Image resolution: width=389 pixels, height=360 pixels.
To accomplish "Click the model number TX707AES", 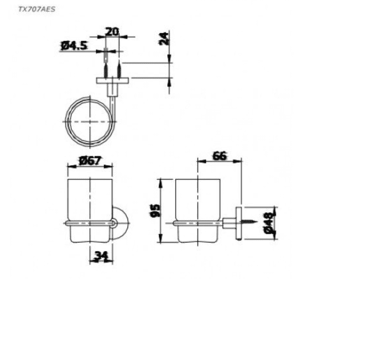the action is [x=37, y=9].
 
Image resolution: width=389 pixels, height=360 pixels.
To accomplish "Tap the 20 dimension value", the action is [x=112, y=32].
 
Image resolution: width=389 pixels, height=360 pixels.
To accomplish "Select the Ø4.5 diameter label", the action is [x=74, y=46].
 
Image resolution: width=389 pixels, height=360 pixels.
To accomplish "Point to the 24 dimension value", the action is [x=164, y=38].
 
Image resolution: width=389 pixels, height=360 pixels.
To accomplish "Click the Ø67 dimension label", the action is [x=90, y=161].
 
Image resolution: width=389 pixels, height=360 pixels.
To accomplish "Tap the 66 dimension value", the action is [x=220, y=156].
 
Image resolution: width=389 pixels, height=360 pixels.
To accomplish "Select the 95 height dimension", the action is [x=156, y=211].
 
